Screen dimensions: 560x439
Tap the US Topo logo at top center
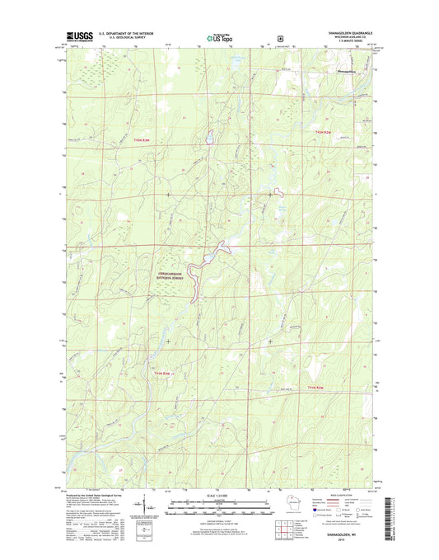(x=219, y=37)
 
